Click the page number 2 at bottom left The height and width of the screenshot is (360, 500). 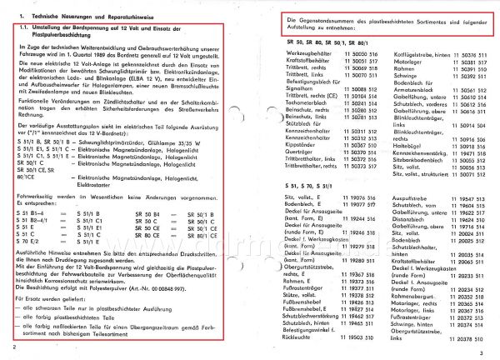point(15,347)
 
